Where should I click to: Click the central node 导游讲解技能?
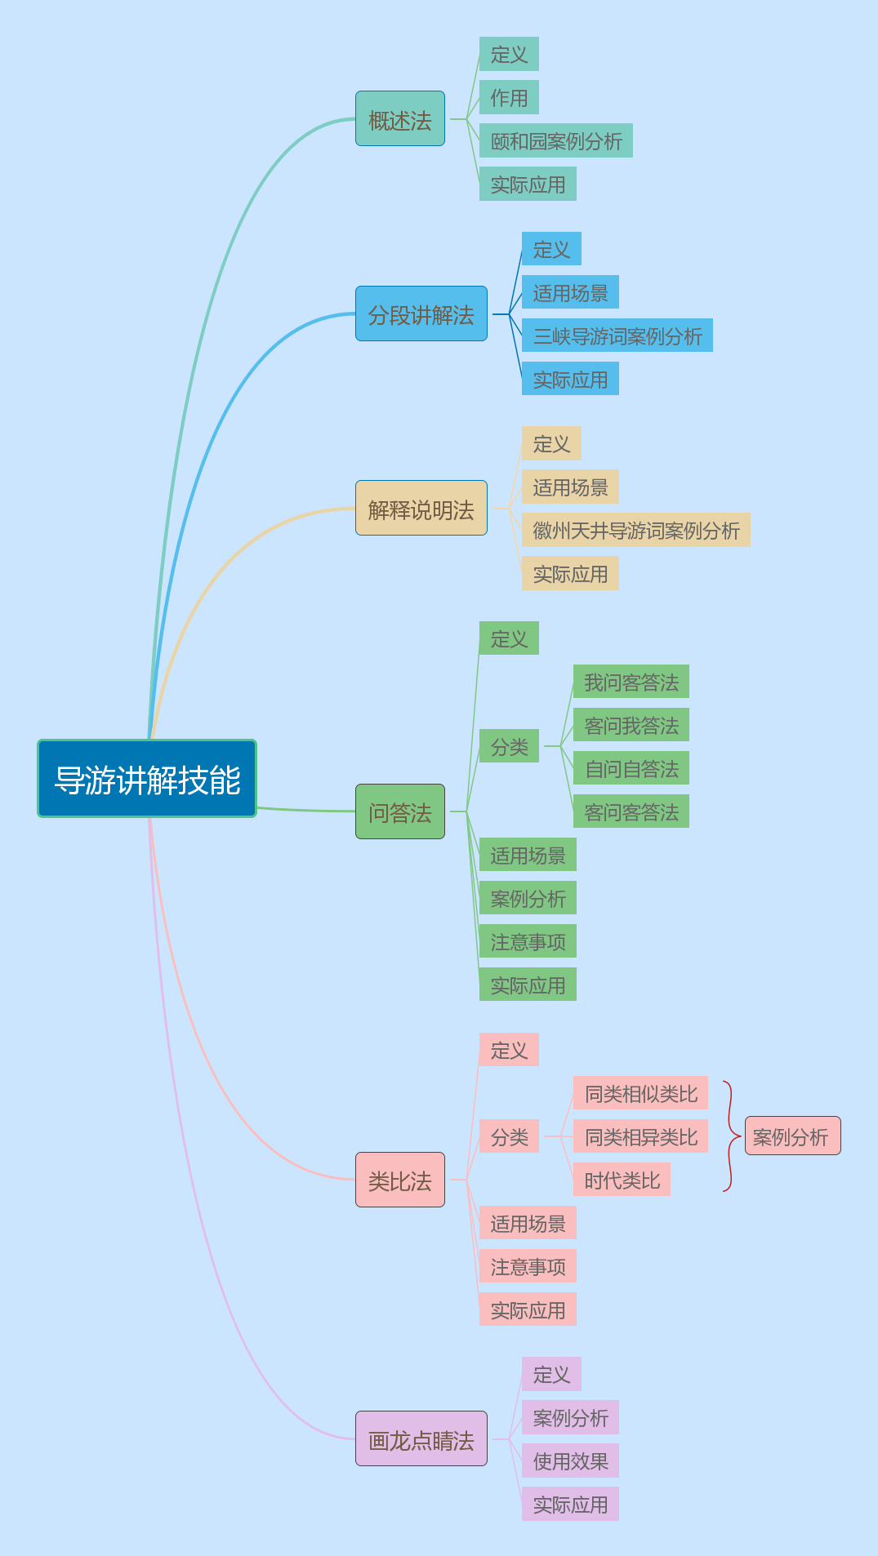pyautogui.click(x=147, y=779)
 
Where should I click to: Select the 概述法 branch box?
pyautogui.click(x=400, y=119)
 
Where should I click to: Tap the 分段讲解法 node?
pyautogui.click(x=421, y=314)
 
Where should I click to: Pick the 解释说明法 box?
pyautogui.click(x=421, y=509)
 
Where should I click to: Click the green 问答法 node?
pyautogui.click(x=400, y=811)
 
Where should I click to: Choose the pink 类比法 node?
pyautogui.click(x=400, y=1180)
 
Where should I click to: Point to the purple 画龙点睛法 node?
pyautogui.click(x=421, y=1439)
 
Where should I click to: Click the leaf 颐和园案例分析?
pyautogui.click(x=556, y=140)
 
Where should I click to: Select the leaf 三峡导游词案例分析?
pyautogui.click(x=617, y=336)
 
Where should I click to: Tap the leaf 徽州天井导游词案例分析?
pyautogui.click(x=636, y=530)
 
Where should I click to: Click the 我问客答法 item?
pyautogui.click(x=631, y=682)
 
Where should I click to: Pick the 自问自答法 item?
pyautogui.click(x=631, y=768)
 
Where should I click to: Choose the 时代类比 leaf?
pyautogui.click(x=622, y=1180)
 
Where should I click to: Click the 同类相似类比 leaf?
pyautogui.click(x=640, y=1093)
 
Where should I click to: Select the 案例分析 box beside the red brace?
pyautogui.click(x=792, y=1136)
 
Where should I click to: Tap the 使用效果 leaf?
pyautogui.click(x=570, y=1460)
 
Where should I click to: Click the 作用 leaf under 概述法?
pyautogui.click(x=509, y=97)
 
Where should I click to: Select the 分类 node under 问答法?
pyautogui.click(x=509, y=746)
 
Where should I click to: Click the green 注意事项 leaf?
pyautogui.click(x=528, y=941)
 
